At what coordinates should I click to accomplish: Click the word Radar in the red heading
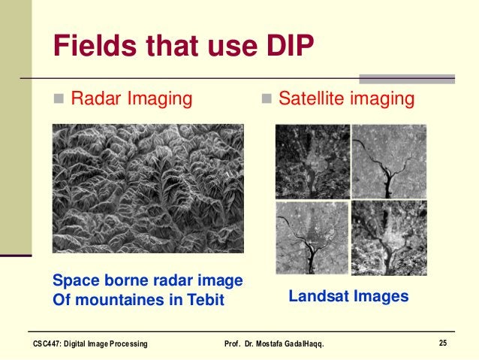[96, 98]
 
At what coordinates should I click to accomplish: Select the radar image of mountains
[148, 188]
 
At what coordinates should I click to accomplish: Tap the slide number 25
[443, 343]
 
